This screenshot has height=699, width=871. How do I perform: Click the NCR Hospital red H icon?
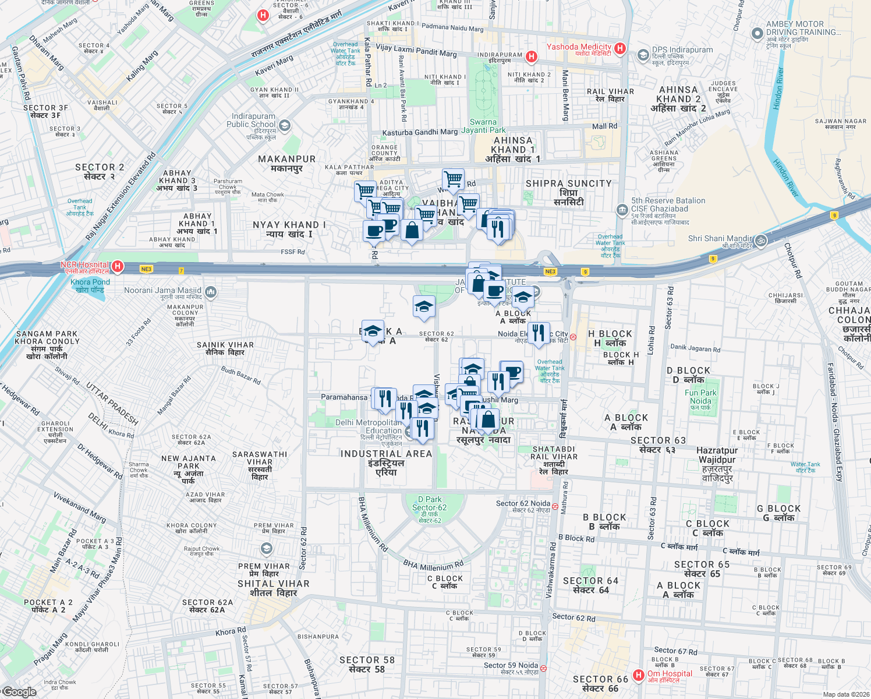click(x=118, y=266)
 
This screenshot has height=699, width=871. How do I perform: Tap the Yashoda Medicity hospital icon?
click(x=620, y=48)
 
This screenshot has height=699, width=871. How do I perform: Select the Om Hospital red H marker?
click(x=639, y=675)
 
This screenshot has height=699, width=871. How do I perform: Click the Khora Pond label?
click(x=90, y=285)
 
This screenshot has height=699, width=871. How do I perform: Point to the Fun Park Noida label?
click(x=700, y=400)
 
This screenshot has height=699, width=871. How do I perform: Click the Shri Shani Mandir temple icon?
click(x=760, y=240)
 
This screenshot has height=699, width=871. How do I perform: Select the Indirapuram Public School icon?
click(x=285, y=125)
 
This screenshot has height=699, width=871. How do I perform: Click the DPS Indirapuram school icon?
click(x=643, y=55)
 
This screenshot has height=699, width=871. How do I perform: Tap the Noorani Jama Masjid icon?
click(x=210, y=291)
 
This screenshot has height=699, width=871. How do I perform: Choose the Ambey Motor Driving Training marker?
click(x=757, y=33)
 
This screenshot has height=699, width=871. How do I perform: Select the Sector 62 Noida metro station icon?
click(x=555, y=506)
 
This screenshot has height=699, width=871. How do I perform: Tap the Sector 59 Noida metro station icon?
click(x=543, y=668)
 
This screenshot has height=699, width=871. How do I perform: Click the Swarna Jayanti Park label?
click(x=487, y=126)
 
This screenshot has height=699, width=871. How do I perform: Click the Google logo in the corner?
click(x=19, y=692)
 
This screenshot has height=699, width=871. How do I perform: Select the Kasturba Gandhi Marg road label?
click(x=420, y=133)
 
